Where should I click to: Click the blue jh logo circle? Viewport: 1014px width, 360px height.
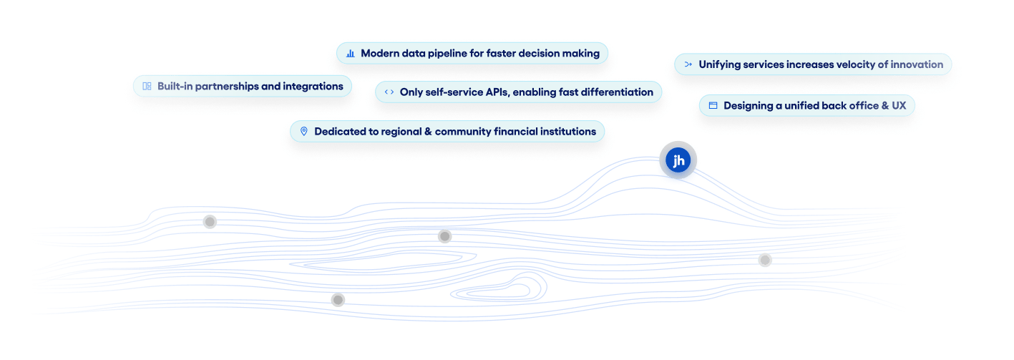point(678,161)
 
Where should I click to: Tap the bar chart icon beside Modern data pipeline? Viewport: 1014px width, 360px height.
point(351,54)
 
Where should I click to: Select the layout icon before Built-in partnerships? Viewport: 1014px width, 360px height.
point(147,87)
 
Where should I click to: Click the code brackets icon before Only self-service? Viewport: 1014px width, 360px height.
point(389,92)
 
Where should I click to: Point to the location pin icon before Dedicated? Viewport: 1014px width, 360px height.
point(303,132)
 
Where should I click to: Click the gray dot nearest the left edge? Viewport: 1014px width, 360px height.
point(210,222)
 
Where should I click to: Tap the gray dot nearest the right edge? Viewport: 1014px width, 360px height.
point(765,260)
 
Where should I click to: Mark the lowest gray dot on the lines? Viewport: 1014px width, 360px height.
point(338,300)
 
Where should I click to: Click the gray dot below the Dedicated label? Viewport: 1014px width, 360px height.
point(444,236)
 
